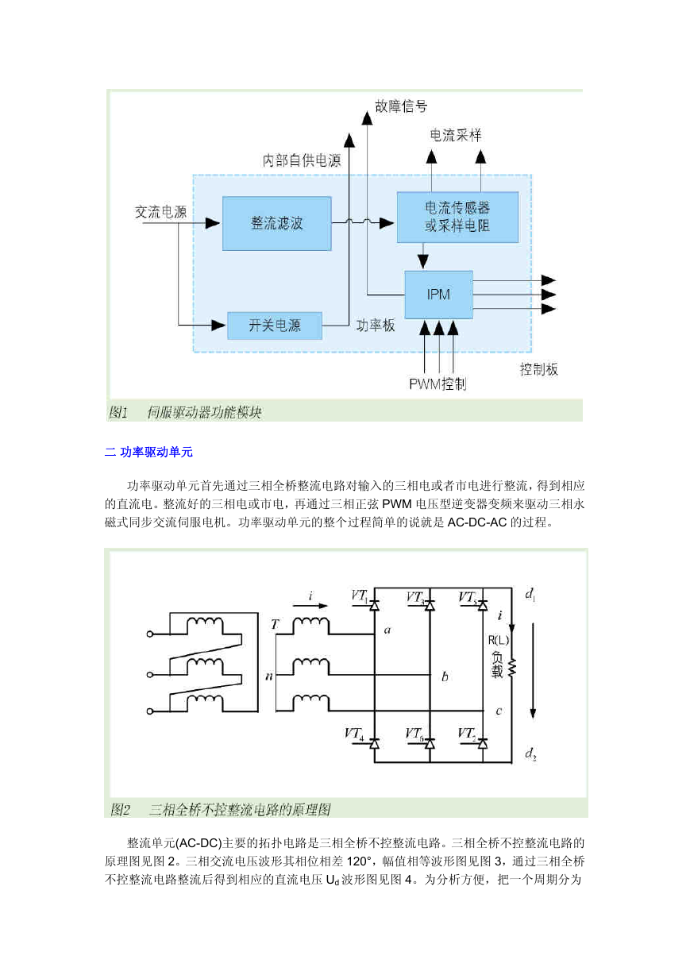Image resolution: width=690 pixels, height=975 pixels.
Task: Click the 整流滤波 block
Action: [x=277, y=223]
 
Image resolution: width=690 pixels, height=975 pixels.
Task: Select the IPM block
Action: [x=438, y=295]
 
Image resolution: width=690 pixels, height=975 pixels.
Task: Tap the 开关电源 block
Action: [x=275, y=326]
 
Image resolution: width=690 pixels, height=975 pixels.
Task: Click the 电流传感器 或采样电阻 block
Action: [x=457, y=217]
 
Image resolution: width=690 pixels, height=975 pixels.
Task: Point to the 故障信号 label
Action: [x=401, y=106]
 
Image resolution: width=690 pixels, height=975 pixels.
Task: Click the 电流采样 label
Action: [x=456, y=135]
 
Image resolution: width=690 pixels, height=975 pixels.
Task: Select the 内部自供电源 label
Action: [x=302, y=160]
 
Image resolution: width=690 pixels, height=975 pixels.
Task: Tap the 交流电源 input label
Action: [x=160, y=212]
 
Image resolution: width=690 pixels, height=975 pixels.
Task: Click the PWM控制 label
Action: [x=438, y=384]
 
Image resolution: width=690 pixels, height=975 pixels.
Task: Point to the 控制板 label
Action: [x=539, y=369]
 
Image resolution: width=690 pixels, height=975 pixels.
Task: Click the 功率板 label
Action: [x=376, y=326]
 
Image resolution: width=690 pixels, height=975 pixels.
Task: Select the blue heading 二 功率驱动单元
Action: [x=148, y=452]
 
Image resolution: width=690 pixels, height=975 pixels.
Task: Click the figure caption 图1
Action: [x=118, y=412]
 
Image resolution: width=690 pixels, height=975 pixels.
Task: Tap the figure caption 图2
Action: [x=120, y=810]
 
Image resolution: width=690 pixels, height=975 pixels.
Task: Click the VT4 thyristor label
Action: [x=354, y=734]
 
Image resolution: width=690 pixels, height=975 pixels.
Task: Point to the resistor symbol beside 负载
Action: [x=512, y=667]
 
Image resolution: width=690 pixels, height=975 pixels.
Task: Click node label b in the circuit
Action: [x=445, y=676]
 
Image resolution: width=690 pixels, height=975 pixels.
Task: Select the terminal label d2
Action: [x=530, y=753]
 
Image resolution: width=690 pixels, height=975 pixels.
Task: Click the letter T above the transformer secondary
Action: [x=274, y=624]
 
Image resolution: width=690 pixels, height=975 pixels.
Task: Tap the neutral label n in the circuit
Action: [x=269, y=676]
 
